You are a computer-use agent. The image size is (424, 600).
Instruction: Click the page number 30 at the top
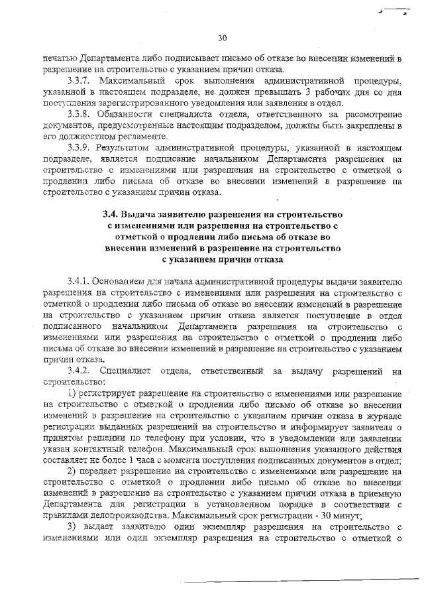pos(222,38)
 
